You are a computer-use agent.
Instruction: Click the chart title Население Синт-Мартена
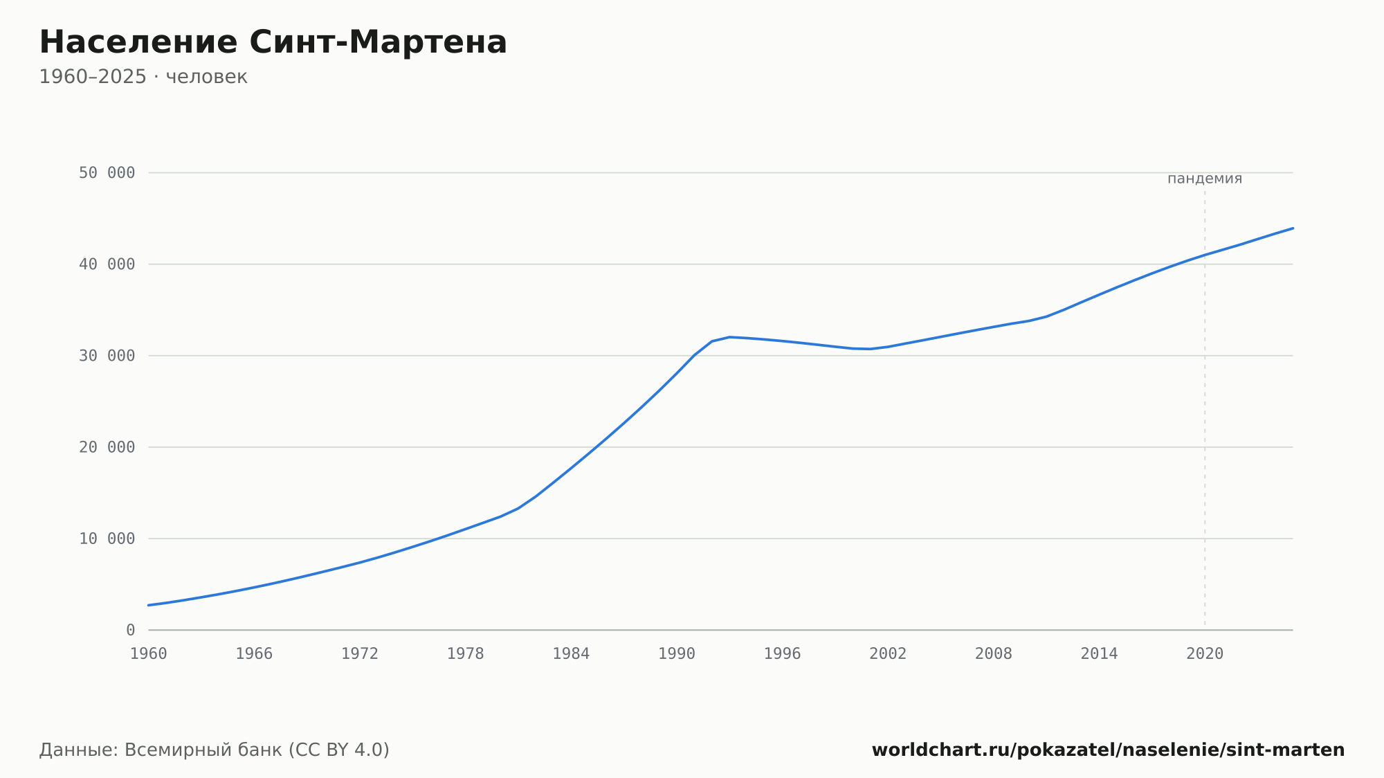(273, 42)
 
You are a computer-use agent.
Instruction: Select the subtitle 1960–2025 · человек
(143, 77)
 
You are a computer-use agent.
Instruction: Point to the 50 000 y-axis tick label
(107, 173)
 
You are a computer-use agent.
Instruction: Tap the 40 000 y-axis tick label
(107, 264)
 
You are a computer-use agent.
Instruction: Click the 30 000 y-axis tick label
(107, 356)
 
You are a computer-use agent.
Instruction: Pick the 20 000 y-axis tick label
(107, 447)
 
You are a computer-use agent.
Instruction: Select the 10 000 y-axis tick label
(107, 539)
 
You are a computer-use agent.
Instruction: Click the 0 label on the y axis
(131, 630)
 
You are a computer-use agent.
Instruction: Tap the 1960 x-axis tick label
(149, 654)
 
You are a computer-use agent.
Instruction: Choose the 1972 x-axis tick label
(360, 654)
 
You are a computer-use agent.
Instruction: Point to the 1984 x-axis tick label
(571, 654)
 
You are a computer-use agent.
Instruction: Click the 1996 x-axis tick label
(782, 654)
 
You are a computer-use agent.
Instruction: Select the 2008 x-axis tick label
(994, 654)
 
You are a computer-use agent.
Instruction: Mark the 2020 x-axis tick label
(1205, 654)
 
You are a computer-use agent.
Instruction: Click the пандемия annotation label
(1205, 179)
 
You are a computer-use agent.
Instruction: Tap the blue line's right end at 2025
(1293, 228)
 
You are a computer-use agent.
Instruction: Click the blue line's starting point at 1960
(149, 605)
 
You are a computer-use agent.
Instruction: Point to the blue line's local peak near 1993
(729, 337)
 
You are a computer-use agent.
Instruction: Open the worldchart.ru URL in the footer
(1108, 750)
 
